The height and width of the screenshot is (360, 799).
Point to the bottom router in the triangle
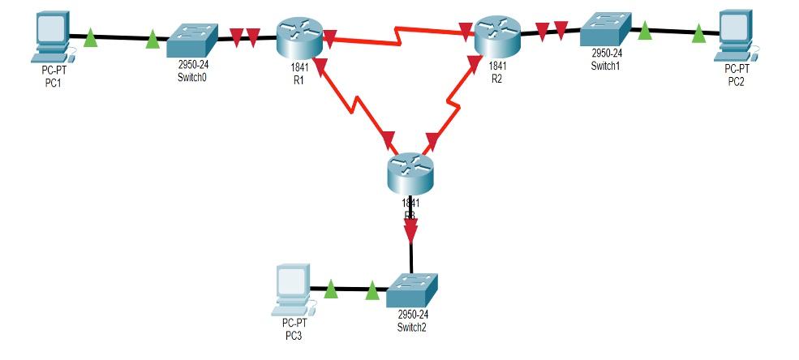click(412, 172)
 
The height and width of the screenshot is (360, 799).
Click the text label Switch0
click(191, 79)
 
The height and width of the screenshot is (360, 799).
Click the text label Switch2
click(412, 328)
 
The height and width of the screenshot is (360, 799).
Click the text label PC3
click(290, 333)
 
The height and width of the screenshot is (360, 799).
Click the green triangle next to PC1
click(91, 39)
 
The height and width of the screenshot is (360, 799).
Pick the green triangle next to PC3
click(331, 289)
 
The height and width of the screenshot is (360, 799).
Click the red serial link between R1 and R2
click(397, 34)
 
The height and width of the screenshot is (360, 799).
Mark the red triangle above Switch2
click(411, 231)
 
